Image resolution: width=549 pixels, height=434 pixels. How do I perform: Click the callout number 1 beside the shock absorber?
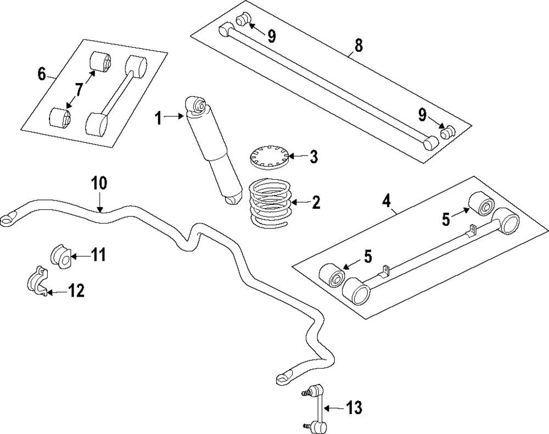(158, 118)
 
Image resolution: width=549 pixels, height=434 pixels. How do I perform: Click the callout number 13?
(354, 408)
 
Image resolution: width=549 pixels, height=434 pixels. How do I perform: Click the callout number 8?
(358, 46)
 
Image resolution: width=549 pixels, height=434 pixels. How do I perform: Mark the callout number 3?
(313, 157)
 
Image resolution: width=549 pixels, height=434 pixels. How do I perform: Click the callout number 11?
(98, 255)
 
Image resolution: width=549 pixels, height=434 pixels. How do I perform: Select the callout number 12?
(76, 291)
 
